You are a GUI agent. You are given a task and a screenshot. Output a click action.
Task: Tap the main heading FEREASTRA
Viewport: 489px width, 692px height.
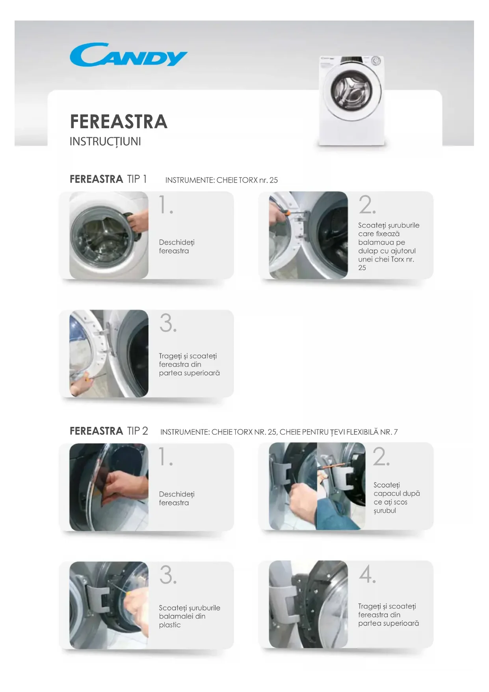pyautogui.click(x=119, y=122)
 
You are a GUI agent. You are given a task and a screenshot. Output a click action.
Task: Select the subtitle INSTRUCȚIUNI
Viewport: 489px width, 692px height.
pyautogui.click(x=105, y=142)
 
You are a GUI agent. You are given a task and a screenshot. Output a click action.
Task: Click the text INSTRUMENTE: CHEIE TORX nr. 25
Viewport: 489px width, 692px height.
pyautogui.click(x=221, y=180)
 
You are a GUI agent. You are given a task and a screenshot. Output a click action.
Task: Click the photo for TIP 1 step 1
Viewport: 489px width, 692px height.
pyautogui.click(x=109, y=235)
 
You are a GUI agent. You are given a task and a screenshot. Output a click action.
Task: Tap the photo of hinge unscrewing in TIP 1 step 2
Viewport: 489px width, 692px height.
pyautogui.click(x=309, y=235)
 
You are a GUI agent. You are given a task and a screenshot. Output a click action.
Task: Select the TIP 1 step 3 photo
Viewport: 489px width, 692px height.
pyautogui.click(x=109, y=353)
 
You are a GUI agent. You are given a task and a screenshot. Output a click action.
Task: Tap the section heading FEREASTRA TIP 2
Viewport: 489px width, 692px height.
pyautogui.click(x=109, y=431)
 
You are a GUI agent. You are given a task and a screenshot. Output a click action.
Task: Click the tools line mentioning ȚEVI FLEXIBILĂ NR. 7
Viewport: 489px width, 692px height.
pyautogui.click(x=279, y=432)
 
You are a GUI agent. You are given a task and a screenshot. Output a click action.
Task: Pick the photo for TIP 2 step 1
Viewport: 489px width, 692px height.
pyautogui.click(x=109, y=487)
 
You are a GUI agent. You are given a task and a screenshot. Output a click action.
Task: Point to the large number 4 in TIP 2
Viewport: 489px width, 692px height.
pyautogui.click(x=367, y=574)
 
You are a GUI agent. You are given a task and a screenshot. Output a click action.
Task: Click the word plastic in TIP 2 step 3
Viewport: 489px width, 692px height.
pyautogui.click(x=170, y=625)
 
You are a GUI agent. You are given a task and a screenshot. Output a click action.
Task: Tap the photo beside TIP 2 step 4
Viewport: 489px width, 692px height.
pyautogui.click(x=309, y=604)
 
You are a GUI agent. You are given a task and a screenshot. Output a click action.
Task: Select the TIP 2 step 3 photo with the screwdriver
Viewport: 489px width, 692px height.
pyautogui.click(x=109, y=605)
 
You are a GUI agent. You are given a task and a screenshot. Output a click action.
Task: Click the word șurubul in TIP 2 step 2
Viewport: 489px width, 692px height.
pyautogui.click(x=385, y=511)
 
